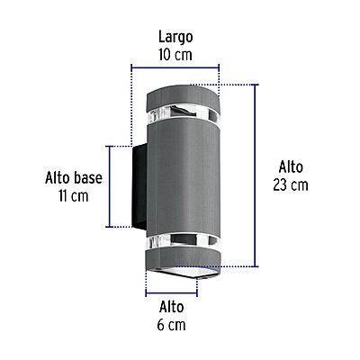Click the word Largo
click(175, 37)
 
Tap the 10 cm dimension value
click(175, 55)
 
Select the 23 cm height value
click(291, 185)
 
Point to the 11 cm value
click(74, 196)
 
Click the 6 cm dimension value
click(171, 325)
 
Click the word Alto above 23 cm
click(291, 166)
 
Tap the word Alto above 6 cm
click(171, 307)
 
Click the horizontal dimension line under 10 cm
click(175, 67)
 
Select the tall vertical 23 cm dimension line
click(256, 175)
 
